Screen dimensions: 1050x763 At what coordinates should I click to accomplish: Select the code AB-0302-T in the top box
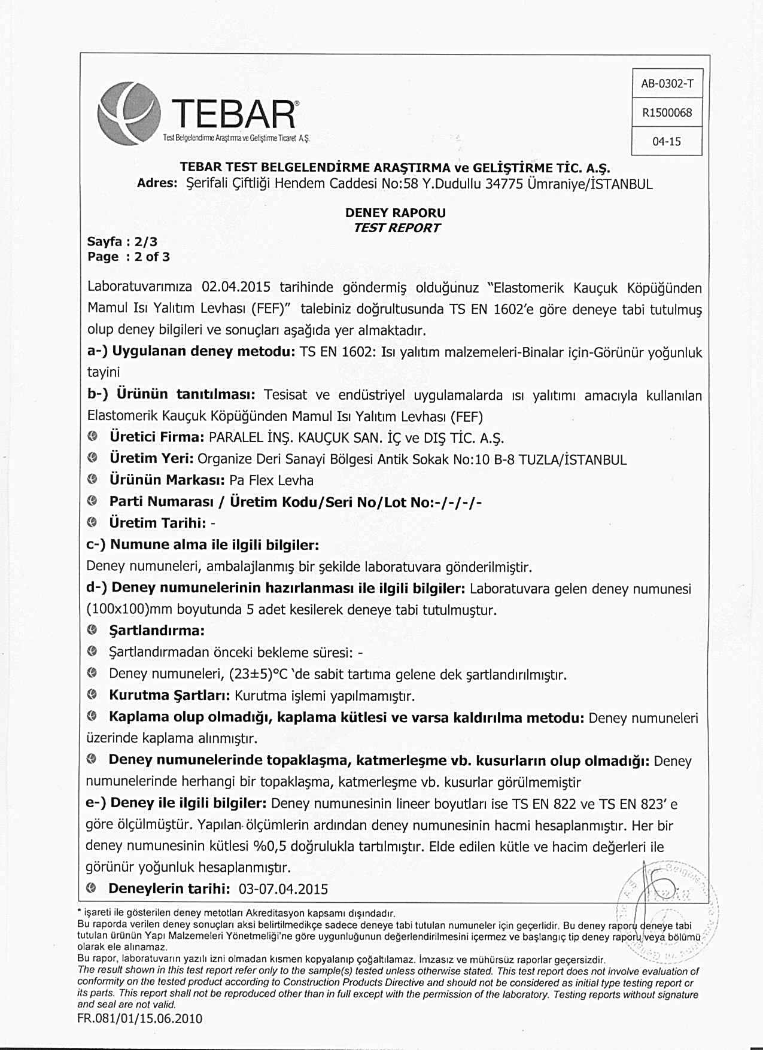pos(667,84)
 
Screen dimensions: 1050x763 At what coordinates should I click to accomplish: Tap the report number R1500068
pos(667,112)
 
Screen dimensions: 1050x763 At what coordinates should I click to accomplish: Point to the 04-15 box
pos(667,142)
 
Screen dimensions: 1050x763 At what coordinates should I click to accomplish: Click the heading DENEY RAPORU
pos(396,213)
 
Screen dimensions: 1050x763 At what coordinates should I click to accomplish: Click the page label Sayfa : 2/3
pos(122,242)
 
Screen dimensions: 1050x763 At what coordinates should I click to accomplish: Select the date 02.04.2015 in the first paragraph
pos(236,288)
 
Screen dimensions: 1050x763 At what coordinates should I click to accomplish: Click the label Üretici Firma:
pos(157,437)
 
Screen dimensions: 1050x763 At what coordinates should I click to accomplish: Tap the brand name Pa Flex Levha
pos(271,480)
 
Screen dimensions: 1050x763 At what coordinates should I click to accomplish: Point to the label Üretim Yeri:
pos(151,459)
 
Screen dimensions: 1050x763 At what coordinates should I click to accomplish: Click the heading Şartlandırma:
pos(157,631)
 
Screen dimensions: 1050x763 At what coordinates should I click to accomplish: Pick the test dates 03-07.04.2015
pos(283,889)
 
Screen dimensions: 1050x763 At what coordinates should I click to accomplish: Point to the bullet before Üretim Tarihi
pos(92,523)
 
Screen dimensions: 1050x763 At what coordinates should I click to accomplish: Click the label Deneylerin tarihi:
pos(169,888)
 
